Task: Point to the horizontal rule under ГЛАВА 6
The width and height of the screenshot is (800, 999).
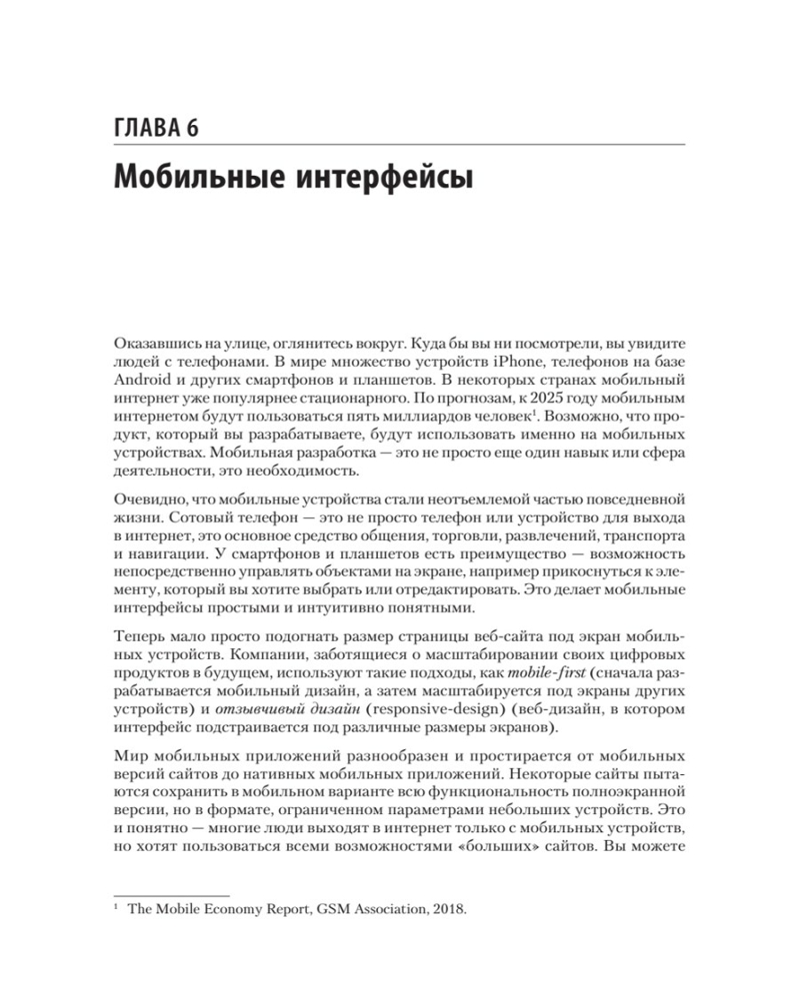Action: (x=400, y=146)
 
